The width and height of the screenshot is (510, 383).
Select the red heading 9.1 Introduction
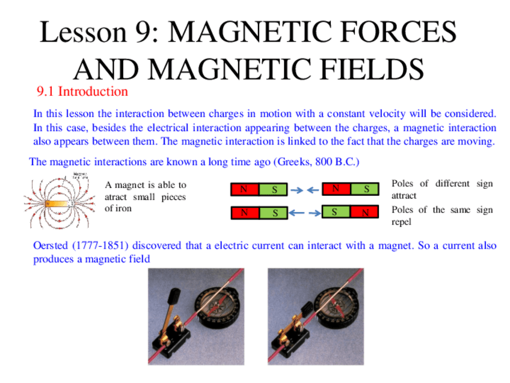point(82,92)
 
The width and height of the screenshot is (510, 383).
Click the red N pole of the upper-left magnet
point(245,189)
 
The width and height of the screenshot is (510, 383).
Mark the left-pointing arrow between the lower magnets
point(295,212)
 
